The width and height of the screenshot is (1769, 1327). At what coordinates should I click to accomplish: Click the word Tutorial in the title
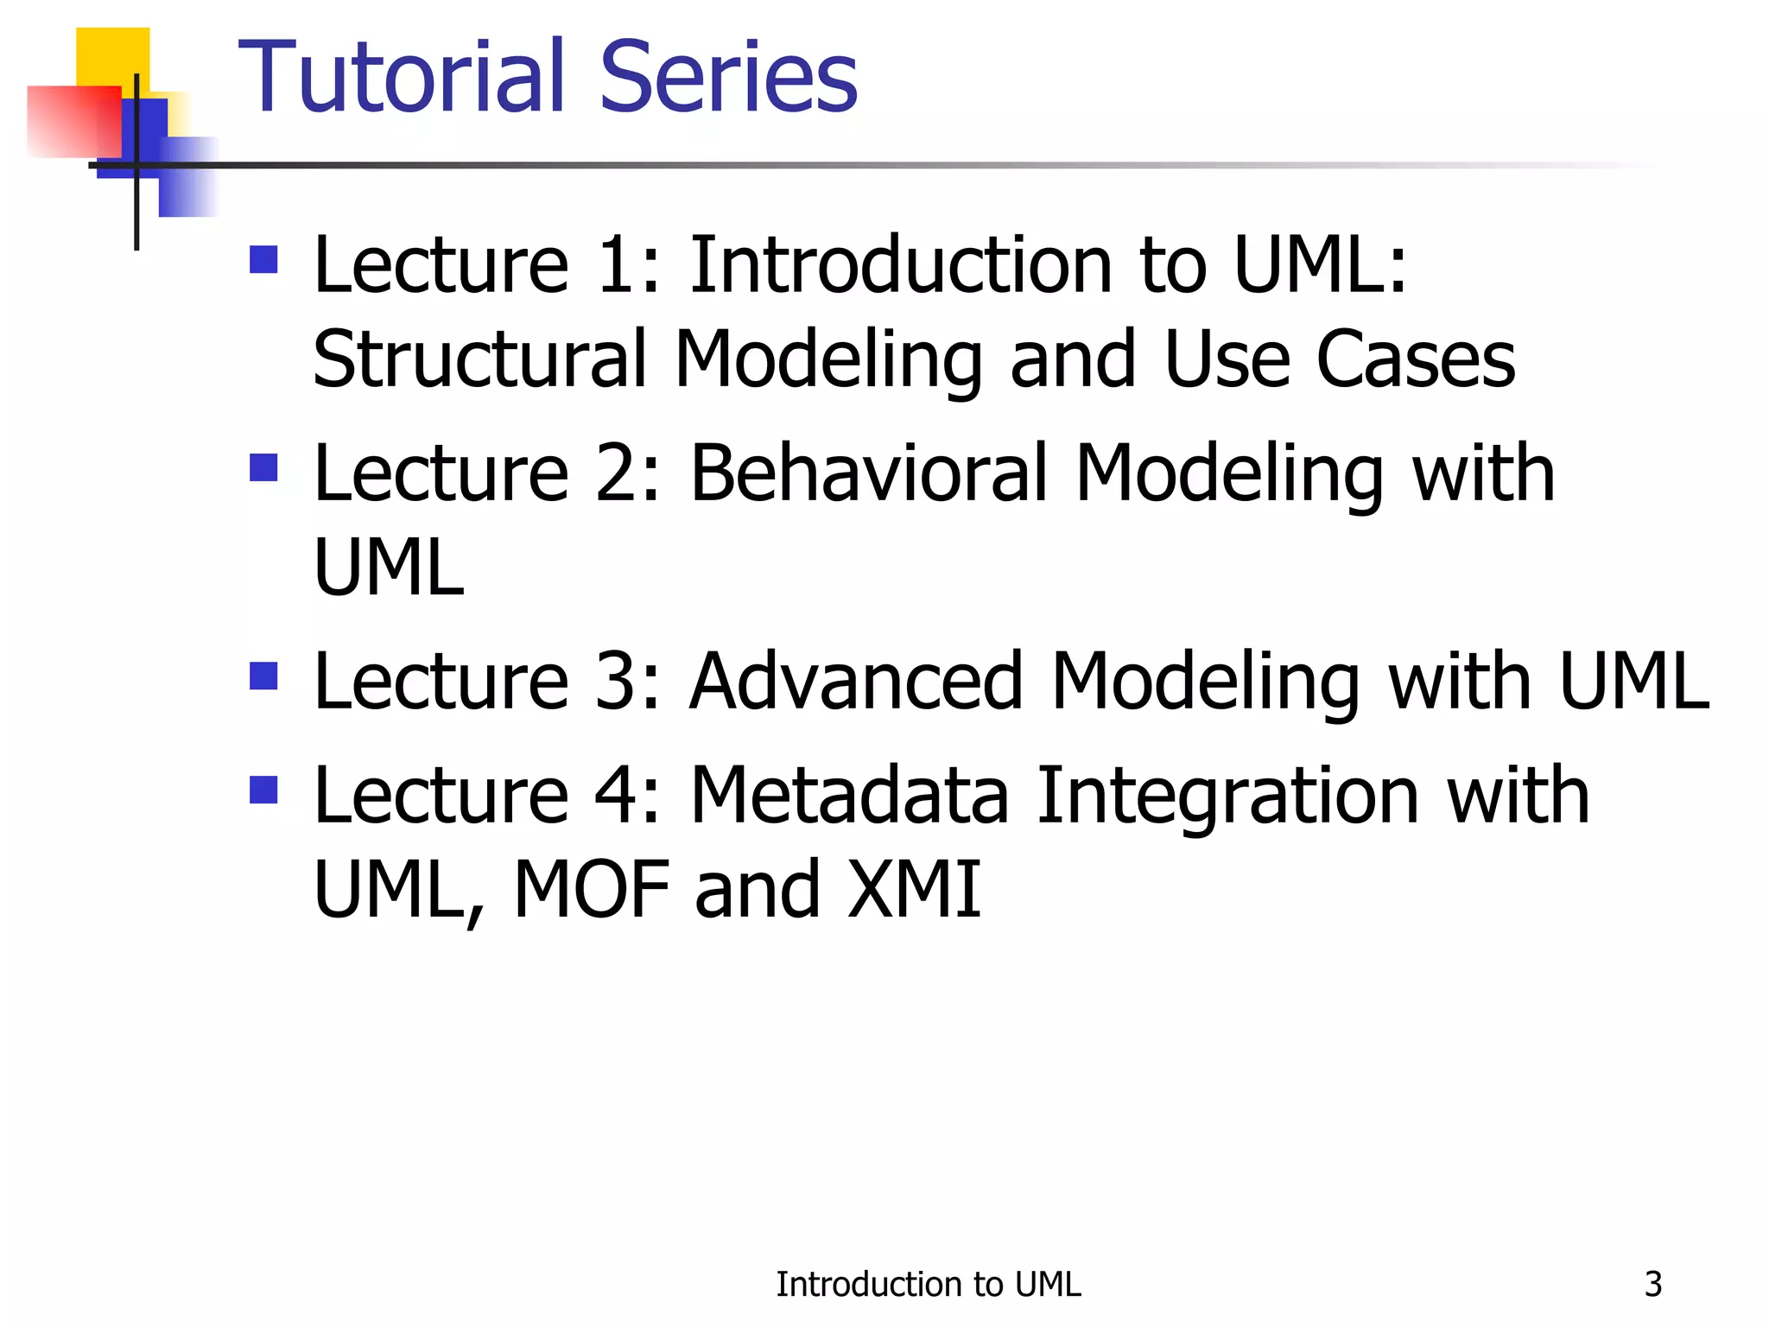click(x=402, y=78)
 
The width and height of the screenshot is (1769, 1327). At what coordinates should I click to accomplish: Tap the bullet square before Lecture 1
click(x=263, y=259)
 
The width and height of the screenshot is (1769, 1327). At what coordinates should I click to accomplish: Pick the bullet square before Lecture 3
click(x=263, y=676)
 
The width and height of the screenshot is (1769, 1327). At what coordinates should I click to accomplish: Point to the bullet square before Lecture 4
click(x=263, y=790)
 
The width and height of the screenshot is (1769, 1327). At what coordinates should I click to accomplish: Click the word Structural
click(x=479, y=359)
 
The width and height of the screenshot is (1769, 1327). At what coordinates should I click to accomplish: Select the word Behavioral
click(x=869, y=473)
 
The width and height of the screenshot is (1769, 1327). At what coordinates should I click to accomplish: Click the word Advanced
click(x=856, y=682)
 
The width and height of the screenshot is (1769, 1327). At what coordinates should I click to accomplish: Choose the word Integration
click(x=1227, y=796)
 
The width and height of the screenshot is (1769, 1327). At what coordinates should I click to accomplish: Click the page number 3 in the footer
click(x=1652, y=1284)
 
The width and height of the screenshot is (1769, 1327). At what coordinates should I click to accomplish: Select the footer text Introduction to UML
click(x=928, y=1284)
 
